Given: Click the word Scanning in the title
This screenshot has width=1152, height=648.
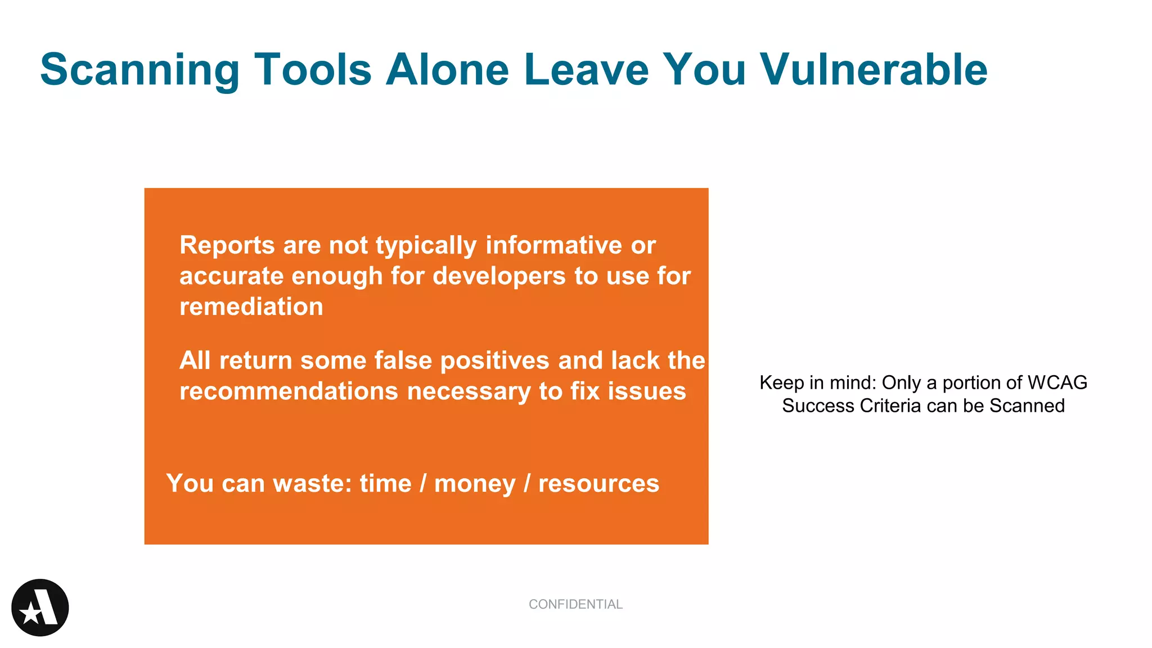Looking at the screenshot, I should (139, 70).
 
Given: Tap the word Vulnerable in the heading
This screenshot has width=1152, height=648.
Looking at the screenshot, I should (873, 69).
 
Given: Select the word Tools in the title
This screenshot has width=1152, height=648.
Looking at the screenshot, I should (313, 69).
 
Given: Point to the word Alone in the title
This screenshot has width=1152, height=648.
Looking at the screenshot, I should (447, 69).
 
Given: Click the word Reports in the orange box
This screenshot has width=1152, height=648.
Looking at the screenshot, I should (227, 246).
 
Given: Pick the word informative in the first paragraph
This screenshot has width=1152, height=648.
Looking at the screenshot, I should (553, 246).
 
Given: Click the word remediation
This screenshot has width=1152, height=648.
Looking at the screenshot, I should (251, 307).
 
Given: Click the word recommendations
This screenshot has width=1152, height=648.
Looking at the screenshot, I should (289, 391).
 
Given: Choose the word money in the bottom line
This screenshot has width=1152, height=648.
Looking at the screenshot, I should (475, 484).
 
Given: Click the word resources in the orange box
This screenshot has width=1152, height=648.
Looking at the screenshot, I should (598, 484).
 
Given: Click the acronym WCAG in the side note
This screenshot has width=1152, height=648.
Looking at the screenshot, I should (1057, 382).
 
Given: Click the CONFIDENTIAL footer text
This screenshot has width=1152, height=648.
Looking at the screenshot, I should (575, 604).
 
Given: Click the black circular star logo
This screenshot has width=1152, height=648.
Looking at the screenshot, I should (40, 607).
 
